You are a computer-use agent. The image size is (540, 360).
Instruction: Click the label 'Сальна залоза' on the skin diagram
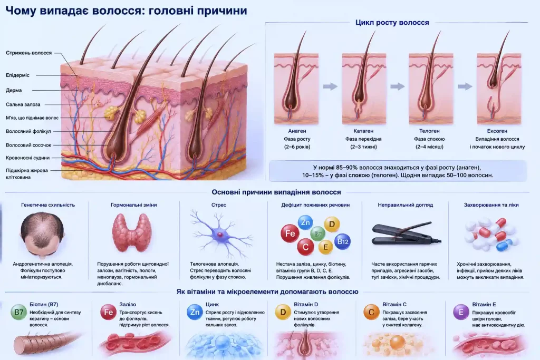point(23,104)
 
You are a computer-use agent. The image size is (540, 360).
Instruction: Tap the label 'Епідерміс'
point(17,75)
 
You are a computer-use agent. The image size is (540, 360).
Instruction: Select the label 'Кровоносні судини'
point(27,158)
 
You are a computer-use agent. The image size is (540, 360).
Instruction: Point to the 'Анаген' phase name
point(297,131)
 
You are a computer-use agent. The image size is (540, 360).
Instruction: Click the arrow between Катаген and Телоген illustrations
point(397,86)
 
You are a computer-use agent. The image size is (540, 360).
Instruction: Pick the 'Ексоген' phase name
point(497,131)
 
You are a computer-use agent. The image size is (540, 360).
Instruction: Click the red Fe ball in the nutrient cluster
point(290,233)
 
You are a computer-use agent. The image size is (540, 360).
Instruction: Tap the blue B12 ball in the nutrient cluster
point(343,241)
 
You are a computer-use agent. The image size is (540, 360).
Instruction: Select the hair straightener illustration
point(407,235)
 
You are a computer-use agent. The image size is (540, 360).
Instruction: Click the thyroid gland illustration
point(131,232)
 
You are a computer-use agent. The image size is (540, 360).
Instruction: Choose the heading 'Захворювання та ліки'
point(491,205)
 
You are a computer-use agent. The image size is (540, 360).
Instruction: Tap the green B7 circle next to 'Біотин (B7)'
point(18,312)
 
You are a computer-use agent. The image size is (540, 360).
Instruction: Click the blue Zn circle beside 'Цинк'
point(195,312)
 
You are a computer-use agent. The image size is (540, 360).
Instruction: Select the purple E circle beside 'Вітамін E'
point(461,312)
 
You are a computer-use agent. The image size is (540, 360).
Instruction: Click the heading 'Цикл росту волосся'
point(392,22)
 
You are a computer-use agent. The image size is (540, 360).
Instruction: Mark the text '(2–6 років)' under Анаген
point(297,147)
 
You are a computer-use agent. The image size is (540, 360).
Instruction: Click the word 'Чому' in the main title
point(21,11)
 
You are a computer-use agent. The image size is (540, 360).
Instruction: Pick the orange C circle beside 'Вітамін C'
point(371,312)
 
